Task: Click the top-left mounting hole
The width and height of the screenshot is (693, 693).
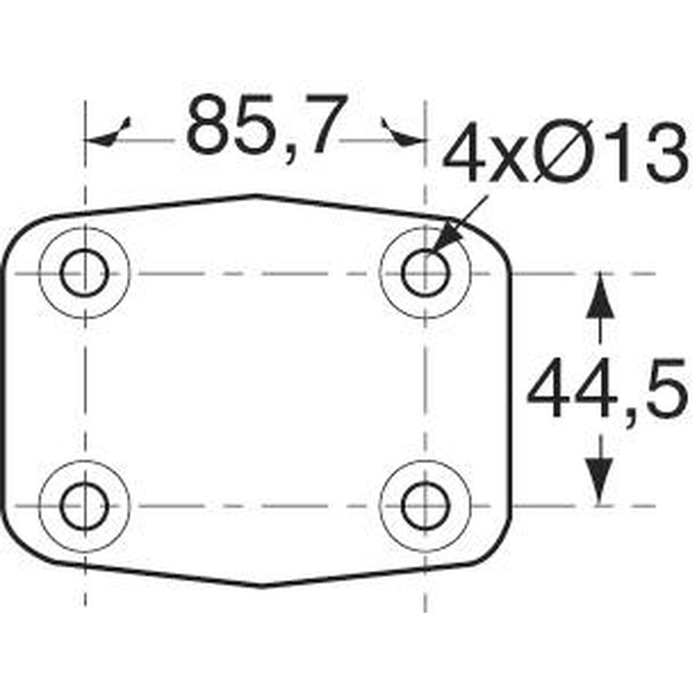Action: point(85,272)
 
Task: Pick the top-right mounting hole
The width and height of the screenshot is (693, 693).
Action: point(426,272)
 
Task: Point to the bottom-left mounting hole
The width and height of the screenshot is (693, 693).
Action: point(85,506)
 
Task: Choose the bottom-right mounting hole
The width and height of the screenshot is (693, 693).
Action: point(426,506)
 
